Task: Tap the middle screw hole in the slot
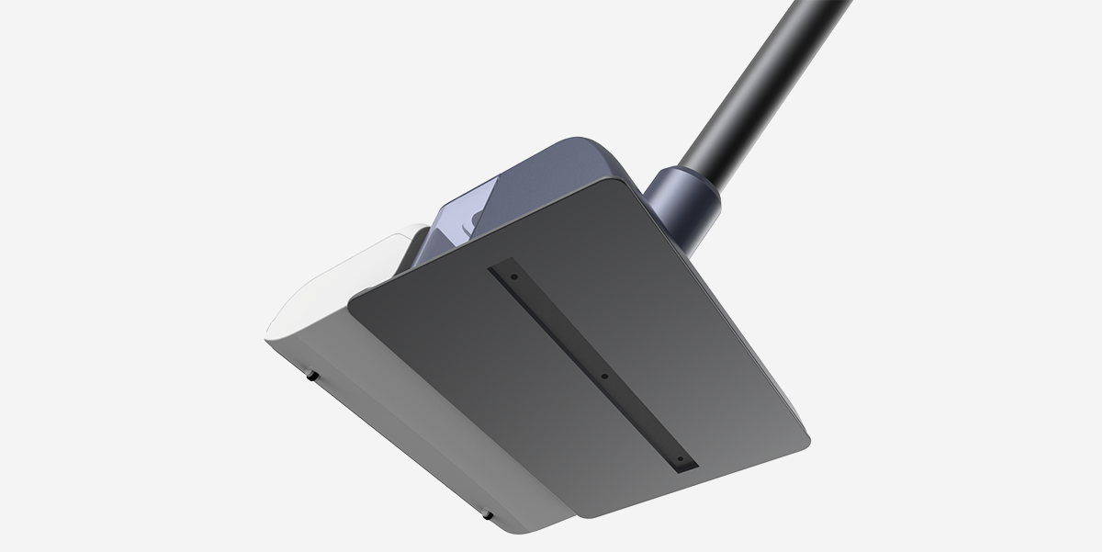[x=604, y=376]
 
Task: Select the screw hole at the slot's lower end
[x=680, y=459]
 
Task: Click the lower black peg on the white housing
[x=488, y=514]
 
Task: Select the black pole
[x=772, y=83]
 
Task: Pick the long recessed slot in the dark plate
[x=597, y=367]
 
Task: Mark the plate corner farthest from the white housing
[x=806, y=432]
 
